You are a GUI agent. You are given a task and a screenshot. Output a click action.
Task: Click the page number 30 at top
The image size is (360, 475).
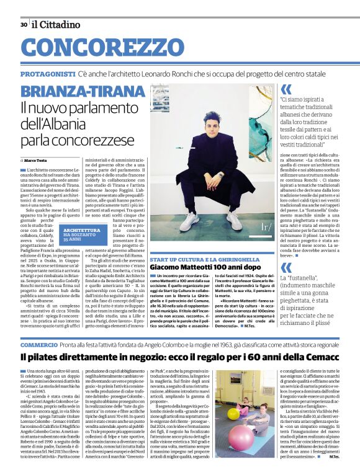[x=24, y=25]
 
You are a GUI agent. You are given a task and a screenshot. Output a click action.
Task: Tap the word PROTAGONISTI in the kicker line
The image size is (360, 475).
[x=47, y=74]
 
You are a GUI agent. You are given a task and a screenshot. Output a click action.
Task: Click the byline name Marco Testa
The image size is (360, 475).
[x=38, y=161]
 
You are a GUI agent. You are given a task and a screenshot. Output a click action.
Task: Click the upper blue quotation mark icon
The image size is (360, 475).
[x=286, y=90]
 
